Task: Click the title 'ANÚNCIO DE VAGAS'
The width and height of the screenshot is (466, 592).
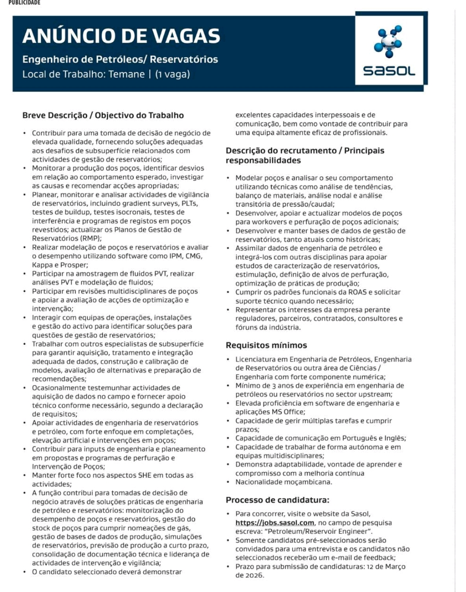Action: click(121, 36)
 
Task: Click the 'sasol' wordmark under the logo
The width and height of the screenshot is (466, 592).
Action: click(389, 70)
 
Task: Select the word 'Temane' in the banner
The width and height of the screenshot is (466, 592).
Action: click(126, 74)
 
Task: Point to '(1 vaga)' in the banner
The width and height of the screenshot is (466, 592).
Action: click(173, 74)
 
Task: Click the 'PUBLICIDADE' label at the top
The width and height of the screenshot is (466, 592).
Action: click(25, 3)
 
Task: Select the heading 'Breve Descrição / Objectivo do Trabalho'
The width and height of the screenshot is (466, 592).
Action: click(103, 115)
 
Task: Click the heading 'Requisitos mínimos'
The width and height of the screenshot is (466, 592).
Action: click(266, 345)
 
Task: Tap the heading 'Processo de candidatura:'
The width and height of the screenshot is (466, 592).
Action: click(277, 500)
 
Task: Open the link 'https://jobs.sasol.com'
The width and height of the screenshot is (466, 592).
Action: click(274, 523)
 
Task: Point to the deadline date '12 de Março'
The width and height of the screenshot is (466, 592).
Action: click(386, 567)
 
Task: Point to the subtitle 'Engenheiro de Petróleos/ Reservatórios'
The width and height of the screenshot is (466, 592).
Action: click(120, 59)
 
